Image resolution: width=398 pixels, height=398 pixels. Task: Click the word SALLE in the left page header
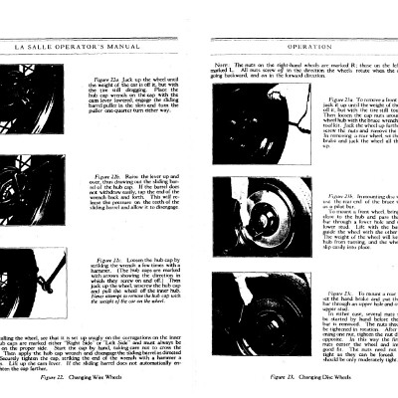(46, 47)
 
